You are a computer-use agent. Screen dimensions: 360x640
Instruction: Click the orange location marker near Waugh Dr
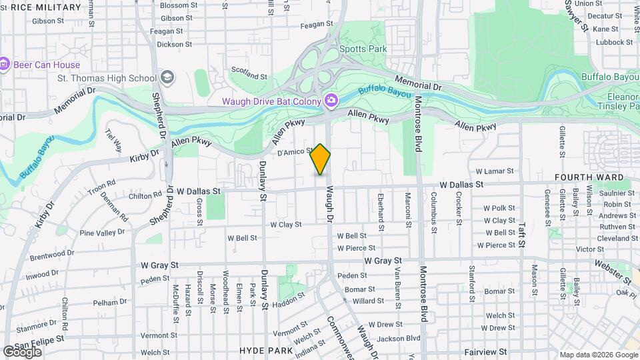[x=321, y=159]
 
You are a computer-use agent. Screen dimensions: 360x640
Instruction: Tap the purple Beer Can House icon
[x=5, y=65]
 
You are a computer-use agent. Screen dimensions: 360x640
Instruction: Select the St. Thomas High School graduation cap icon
[x=166, y=78]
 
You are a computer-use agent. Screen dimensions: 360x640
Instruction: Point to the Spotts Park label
[x=363, y=49]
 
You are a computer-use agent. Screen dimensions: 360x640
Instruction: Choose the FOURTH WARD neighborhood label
[x=589, y=178]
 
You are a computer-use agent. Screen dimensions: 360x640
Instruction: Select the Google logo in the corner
[x=22, y=351]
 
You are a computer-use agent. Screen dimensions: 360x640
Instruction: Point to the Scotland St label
[x=249, y=69]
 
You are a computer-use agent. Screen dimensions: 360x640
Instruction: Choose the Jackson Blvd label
[x=397, y=338]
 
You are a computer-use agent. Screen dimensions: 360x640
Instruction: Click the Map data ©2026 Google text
[x=598, y=355]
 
